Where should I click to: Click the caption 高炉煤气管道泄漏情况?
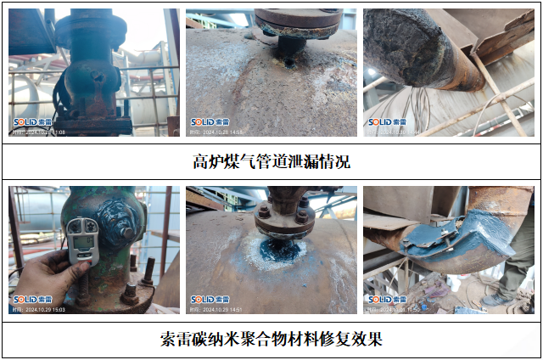coord(271,161)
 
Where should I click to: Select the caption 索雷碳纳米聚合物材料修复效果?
coord(271,340)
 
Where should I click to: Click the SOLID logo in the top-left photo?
coord(29,122)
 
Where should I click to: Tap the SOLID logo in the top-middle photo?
coord(205,122)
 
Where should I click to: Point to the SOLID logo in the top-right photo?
coord(383,122)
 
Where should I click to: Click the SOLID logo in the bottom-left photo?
coord(29,300)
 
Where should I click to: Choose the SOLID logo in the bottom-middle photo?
coord(205,300)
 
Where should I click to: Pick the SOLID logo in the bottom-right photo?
coord(383,300)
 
